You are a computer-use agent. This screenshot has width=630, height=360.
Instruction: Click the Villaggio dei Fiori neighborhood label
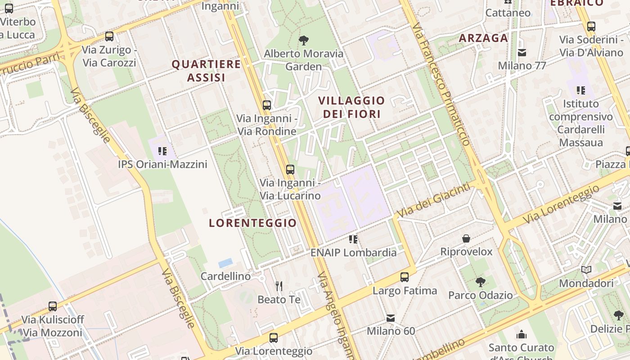click(351, 107)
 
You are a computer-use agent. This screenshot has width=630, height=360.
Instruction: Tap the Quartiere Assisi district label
click(206, 71)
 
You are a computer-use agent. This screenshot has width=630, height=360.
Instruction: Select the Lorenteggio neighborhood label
click(253, 223)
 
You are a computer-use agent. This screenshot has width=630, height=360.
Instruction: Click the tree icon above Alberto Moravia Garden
click(304, 40)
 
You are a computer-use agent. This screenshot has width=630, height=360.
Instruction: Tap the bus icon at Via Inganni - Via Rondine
click(267, 105)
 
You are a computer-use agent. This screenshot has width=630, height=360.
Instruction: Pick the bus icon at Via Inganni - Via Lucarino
click(290, 170)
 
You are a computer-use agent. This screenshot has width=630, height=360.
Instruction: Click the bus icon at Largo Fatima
click(405, 277)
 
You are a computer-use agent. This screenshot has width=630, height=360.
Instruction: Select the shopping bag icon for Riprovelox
click(466, 238)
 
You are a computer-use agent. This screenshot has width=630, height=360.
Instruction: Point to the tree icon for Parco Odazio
click(480, 282)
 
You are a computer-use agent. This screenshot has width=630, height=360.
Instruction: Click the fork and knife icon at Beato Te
click(279, 286)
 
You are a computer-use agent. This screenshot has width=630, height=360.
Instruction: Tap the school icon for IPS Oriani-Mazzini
click(162, 151)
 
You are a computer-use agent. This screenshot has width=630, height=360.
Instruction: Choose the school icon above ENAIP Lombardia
click(353, 239)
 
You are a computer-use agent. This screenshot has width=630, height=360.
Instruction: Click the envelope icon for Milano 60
click(391, 318)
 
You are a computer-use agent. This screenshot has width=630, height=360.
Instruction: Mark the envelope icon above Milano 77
click(522, 53)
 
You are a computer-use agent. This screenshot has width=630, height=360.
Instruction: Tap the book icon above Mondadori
click(586, 270)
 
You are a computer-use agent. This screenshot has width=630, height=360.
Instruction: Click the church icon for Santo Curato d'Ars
click(522, 334)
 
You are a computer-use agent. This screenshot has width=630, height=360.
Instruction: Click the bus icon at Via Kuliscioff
click(53, 306)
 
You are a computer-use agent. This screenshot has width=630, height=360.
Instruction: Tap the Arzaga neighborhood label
click(483, 38)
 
